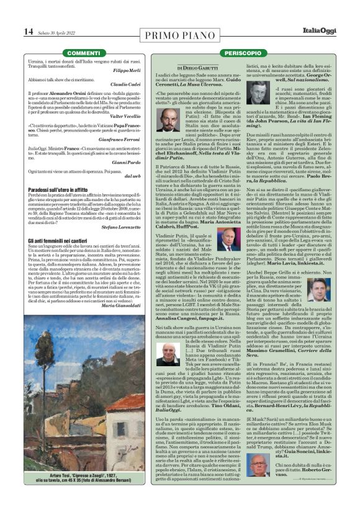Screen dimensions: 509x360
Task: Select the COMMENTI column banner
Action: point(83,53)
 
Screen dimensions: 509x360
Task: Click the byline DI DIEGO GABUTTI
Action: point(198,67)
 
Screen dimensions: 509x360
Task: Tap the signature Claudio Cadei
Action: point(135,84)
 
